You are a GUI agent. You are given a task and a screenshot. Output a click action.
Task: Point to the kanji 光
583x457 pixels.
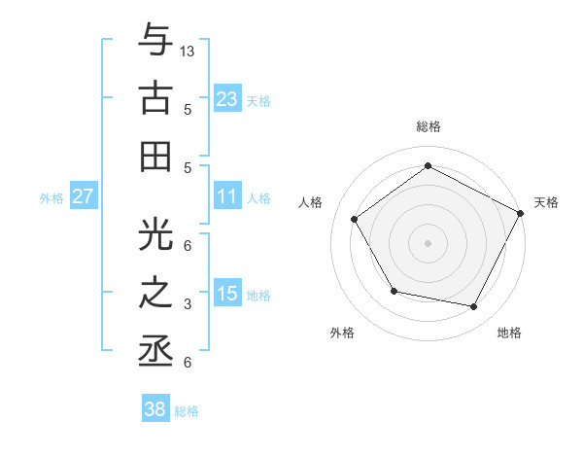point(155,231)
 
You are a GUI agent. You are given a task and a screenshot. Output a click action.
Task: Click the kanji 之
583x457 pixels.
point(155,292)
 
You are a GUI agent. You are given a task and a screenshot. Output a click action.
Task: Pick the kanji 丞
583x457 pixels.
point(155,351)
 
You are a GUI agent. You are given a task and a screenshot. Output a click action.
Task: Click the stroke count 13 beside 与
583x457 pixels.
point(189,51)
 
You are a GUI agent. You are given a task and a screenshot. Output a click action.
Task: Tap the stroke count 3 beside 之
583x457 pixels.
point(188,304)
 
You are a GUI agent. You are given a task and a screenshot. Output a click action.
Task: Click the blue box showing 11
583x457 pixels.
point(227,196)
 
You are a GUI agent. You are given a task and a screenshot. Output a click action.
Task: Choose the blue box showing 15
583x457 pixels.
point(227,294)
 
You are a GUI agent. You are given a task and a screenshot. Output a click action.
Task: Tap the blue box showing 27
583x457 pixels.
point(83,196)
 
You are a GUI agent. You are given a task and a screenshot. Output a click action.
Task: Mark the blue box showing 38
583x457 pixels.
point(155,409)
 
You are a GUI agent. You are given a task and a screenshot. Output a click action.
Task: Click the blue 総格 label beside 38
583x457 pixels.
point(187,411)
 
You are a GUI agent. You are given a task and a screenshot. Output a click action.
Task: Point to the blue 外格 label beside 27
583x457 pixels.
point(51,198)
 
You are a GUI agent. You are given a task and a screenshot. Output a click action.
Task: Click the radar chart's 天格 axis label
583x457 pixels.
point(546,202)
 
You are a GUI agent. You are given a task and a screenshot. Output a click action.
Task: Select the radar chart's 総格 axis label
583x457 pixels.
point(428,126)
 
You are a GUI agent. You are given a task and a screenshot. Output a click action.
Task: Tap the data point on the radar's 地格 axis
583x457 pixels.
point(474,307)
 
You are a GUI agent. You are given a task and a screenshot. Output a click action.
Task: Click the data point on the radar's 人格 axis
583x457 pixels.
point(354,219)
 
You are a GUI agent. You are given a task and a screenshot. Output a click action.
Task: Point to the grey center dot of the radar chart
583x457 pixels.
point(428,242)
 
